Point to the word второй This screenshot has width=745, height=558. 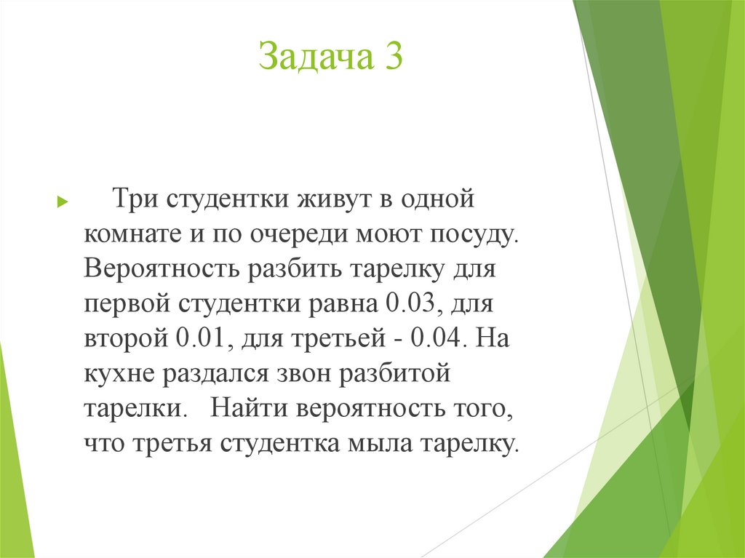(x=126, y=338)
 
